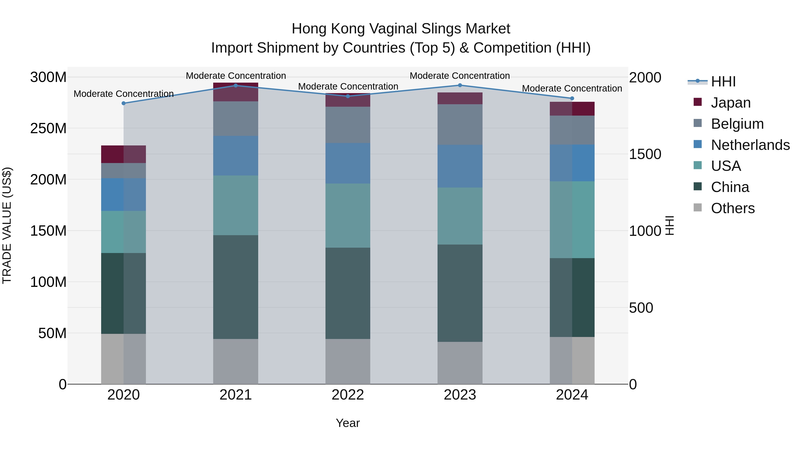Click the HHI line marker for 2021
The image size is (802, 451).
tap(236, 86)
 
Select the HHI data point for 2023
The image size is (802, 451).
tap(460, 85)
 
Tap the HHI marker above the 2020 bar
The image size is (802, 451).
tap(124, 103)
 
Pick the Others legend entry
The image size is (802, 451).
tap(732, 208)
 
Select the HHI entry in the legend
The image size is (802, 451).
tap(723, 82)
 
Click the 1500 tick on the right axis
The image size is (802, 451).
tap(645, 154)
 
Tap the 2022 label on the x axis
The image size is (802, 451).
tap(348, 395)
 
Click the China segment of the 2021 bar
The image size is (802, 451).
tap(236, 287)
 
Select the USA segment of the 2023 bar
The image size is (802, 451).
tap(460, 216)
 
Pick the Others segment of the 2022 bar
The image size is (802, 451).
tap(348, 361)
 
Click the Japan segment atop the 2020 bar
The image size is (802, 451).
tap(124, 154)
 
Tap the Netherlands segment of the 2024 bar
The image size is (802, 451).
tap(572, 163)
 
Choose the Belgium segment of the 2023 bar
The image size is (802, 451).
tap(460, 124)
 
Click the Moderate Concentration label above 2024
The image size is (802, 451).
tap(572, 88)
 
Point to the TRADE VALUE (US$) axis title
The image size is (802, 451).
tap(7, 225)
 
